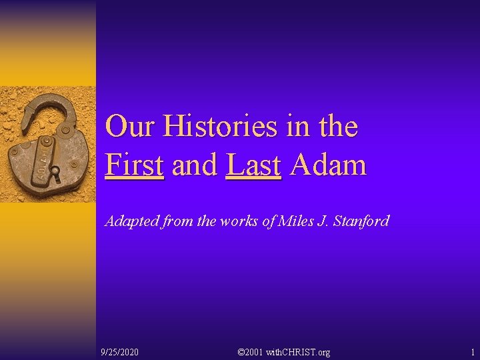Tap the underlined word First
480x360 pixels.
pos(134,165)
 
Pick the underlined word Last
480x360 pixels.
pos(253,165)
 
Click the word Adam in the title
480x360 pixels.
pos(328,165)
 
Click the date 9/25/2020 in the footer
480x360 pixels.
pos(119,352)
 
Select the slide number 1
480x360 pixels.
pos(472,352)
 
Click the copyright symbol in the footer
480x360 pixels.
pos(241,352)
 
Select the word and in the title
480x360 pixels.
pos(195,165)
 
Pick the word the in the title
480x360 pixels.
pos(338,127)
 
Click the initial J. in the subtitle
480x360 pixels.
pos(323,221)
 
